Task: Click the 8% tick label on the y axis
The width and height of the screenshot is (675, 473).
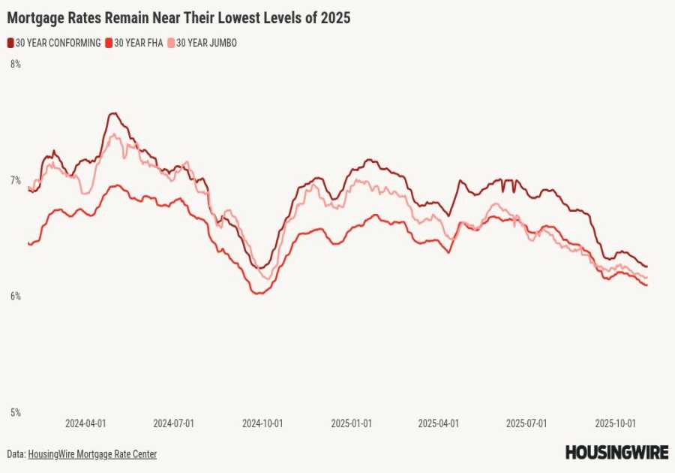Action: click(15, 65)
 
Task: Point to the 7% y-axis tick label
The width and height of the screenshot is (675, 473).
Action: click(15, 180)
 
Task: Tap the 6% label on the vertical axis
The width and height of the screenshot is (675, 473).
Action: click(15, 297)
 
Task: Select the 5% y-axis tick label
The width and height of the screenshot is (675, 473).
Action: click(15, 412)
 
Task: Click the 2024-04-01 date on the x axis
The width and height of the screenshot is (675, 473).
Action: click(85, 423)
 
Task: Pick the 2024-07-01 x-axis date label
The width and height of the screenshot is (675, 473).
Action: click(174, 423)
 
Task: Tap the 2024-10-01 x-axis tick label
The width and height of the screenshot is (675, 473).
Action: click(262, 423)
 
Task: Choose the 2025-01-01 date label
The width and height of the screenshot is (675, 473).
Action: click(351, 423)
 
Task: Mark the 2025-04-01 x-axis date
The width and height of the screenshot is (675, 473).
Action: click(439, 423)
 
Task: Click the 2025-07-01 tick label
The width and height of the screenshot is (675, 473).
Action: click(526, 423)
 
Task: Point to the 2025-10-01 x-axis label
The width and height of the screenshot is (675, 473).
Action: click(615, 423)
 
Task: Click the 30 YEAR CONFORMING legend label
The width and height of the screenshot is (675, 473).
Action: click(58, 44)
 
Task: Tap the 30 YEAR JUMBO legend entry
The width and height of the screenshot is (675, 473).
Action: click(206, 44)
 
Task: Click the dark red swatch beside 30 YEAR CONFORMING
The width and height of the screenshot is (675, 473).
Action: click(10, 44)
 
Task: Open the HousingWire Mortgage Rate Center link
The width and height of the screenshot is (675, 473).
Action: click(92, 454)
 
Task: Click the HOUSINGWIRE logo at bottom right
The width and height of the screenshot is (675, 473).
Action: click(616, 453)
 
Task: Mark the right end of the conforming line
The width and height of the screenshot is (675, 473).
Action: click(646, 267)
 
